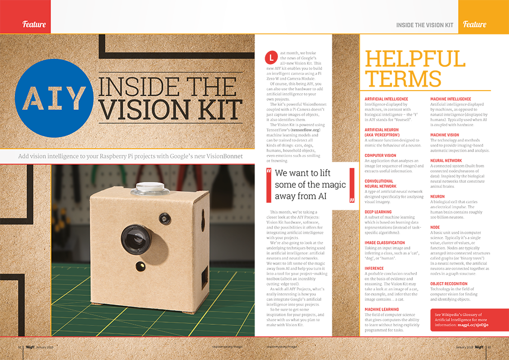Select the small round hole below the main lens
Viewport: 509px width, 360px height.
click(x=139, y=265)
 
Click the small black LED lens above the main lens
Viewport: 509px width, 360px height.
click(x=164, y=219)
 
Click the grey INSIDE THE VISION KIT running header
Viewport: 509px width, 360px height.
click(x=425, y=24)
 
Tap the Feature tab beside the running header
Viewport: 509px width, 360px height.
click(x=474, y=24)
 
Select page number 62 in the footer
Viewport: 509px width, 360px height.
click(x=20, y=347)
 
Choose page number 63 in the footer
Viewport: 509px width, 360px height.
click(x=489, y=347)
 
